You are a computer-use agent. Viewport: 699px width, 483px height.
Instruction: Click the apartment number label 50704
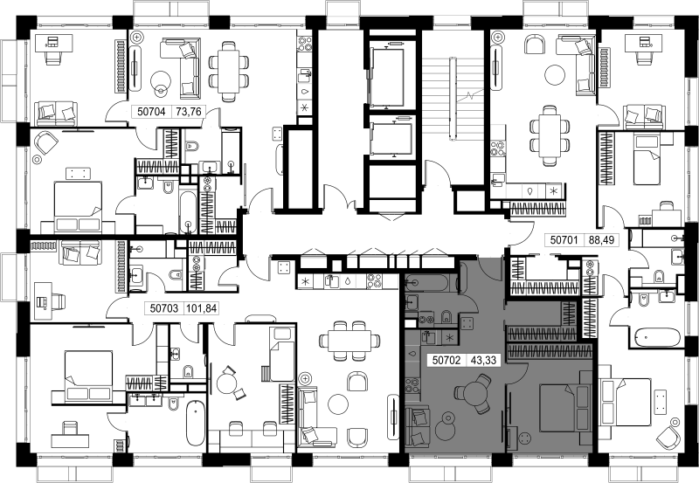coord(151,111)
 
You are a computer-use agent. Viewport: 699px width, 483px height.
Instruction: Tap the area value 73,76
coord(189,111)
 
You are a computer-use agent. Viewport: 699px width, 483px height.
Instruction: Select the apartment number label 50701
coord(564,240)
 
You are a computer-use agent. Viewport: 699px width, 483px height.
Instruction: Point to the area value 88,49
coord(601,240)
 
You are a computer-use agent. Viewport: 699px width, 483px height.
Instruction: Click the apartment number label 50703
coord(164,308)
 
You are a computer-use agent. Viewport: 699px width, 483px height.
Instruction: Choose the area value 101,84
coord(202,308)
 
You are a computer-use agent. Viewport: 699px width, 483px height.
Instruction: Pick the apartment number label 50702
coord(446,360)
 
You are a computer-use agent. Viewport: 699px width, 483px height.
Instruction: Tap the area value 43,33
coord(483,360)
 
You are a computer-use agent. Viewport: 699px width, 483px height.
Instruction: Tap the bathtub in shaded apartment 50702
coord(431,281)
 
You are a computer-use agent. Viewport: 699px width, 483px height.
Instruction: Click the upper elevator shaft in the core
coord(387,76)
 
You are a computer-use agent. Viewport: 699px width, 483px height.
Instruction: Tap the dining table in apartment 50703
coord(349,341)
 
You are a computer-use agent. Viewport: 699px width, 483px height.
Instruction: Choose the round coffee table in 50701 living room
coord(556,74)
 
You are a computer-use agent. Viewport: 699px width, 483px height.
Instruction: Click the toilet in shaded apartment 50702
coord(446,317)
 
